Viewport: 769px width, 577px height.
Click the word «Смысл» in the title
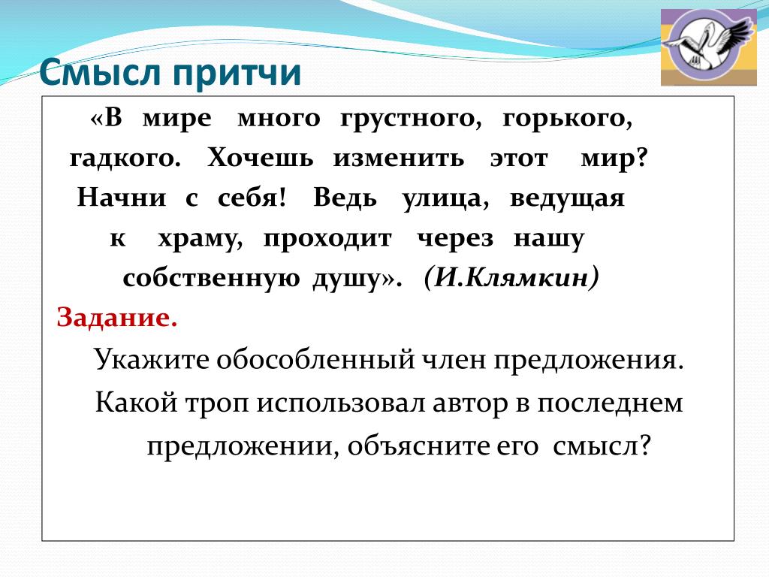100,73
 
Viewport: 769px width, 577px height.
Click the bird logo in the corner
709,47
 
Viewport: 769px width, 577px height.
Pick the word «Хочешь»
260,158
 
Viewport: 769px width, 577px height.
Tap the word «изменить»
399,158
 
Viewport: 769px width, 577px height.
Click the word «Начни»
122,198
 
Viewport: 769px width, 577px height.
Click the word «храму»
200,240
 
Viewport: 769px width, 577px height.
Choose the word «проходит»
327,240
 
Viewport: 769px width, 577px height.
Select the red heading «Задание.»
116,318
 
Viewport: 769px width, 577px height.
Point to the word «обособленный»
316,360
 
